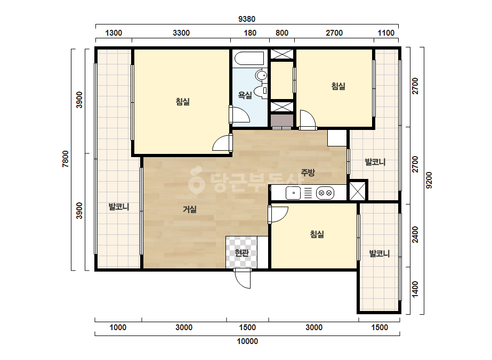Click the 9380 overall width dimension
click(x=247, y=19)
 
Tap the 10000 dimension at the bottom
click(x=247, y=341)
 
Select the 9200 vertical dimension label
click(x=429, y=181)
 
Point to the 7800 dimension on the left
click(x=65, y=159)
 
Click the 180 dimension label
click(x=250, y=33)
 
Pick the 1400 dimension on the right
click(x=415, y=290)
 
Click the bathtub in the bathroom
click(x=250, y=59)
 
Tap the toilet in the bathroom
click(x=260, y=91)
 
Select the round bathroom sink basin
click(x=261, y=76)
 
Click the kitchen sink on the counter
click(x=293, y=193)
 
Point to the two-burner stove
click(x=325, y=193)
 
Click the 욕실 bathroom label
click(x=245, y=95)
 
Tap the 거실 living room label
click(x=190, y=209)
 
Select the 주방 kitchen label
click(x=308, y=172)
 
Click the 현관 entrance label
click(x=241, y=252)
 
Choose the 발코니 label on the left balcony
click(x=119, y=207)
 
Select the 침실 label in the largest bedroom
click(x=182, y=102)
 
